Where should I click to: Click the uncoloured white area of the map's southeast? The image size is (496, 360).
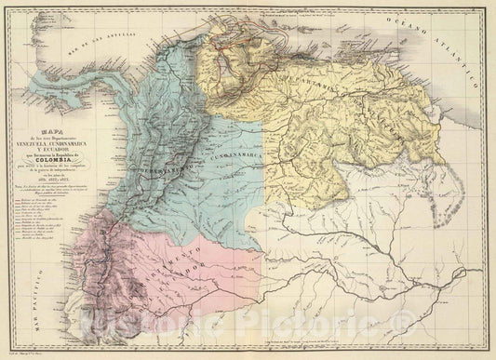click(391, 260)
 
